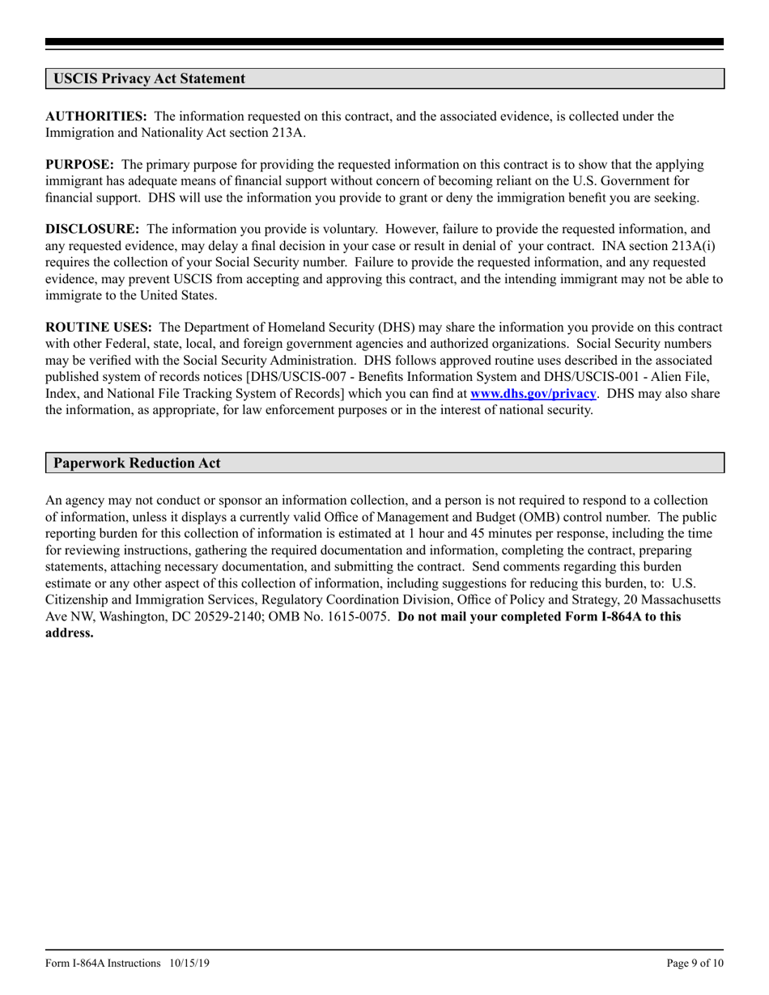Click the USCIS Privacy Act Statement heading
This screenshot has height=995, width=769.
click(149, 78)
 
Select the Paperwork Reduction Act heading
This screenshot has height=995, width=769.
click(137, 464)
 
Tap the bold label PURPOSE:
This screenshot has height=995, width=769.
click(79, 165)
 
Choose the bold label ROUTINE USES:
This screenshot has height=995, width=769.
click(99, 328)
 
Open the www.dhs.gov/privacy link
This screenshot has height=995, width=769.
click(533, 394)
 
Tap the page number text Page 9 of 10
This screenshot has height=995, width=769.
click(695, 963)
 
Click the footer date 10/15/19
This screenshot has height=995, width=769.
click(191, 963)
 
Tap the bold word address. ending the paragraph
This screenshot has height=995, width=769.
click(70, 633)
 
